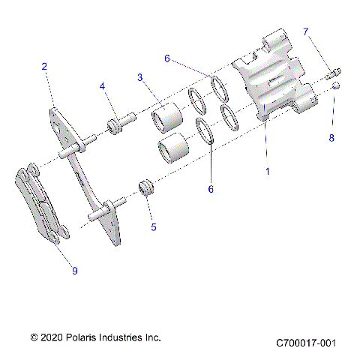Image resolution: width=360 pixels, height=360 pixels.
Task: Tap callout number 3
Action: coord(140,77)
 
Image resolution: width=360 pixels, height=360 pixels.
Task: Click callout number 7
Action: coord(305,31)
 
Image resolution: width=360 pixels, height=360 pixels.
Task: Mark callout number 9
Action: coord(74,271)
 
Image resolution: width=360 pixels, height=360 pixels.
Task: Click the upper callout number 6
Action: coord(167,57)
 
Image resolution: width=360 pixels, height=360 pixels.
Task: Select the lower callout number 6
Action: coord(211,190)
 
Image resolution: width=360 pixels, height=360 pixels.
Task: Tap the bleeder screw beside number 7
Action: coord(334,73)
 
